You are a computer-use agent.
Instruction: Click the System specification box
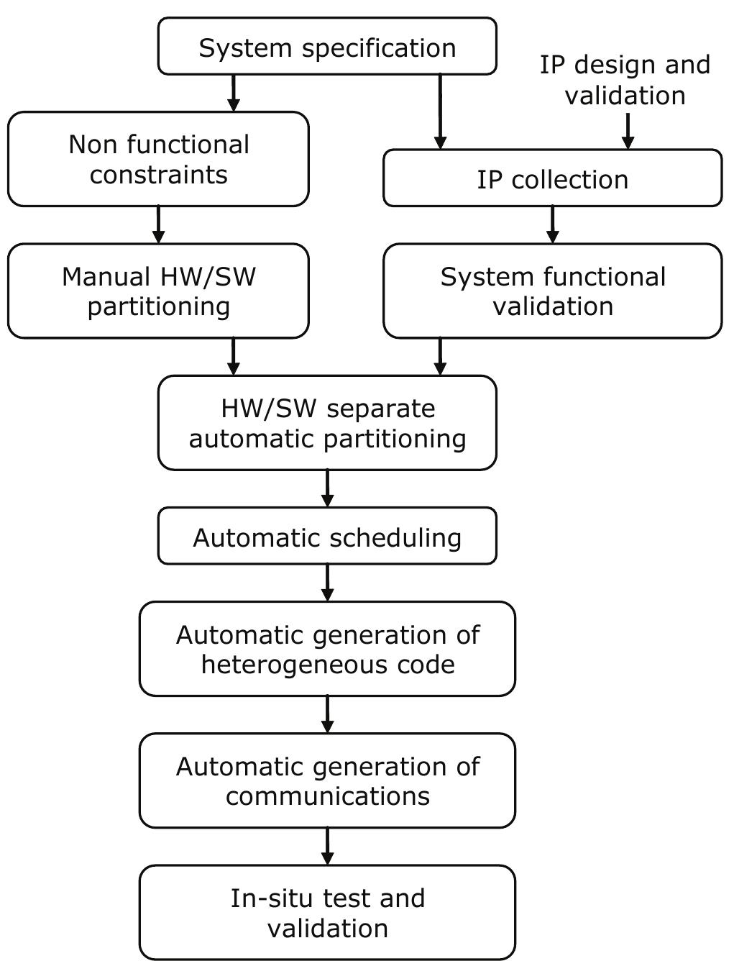tap(327, 47)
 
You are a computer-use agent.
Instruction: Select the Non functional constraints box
tap(158, 159)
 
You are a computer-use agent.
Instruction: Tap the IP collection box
tap(552, 178)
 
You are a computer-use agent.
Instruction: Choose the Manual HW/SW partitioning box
tap(158, 291)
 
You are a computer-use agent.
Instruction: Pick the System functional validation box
tap(552, 291)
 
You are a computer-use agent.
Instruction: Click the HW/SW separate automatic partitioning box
tap(327, 423)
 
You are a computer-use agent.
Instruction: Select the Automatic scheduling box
tap(327, 536)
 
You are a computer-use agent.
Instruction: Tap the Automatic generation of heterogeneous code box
tap(327, 649)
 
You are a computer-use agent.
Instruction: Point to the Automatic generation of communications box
tap(327, 780)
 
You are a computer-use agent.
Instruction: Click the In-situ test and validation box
tap(327, 912)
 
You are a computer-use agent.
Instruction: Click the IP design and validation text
tap(625, 80)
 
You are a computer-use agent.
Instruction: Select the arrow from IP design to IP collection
tap(628, 131)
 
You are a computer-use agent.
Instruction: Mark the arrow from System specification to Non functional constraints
tap(234, 93)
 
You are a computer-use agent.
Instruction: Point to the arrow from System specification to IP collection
tap(440, 111)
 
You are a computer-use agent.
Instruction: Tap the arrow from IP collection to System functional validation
tap(552, 224)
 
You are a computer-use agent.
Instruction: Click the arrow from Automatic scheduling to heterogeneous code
tap(328, 583)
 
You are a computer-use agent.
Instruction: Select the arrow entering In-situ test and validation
tap(328, 846)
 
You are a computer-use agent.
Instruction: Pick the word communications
tap(328, 796)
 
